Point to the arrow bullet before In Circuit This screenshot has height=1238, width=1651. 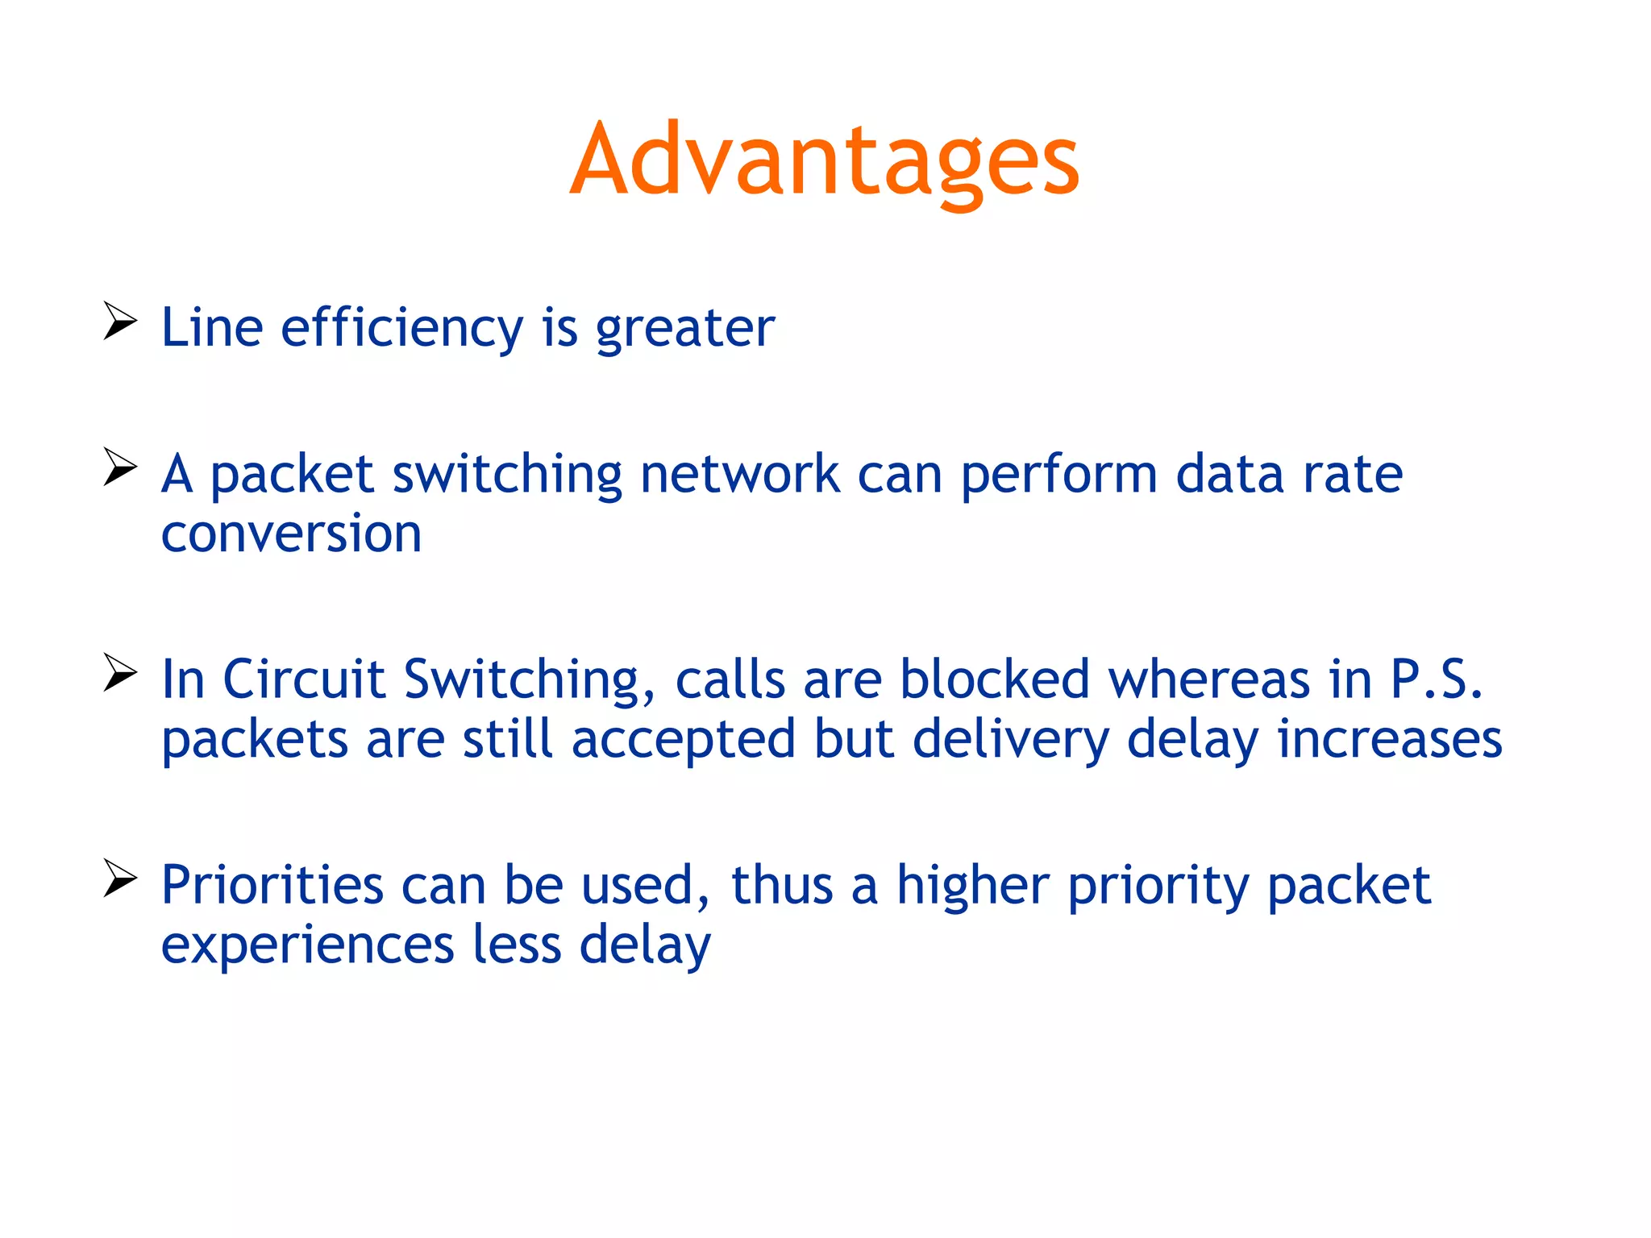[120, 673]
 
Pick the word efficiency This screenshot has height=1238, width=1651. [401, 328]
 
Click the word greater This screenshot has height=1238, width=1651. [684, 328]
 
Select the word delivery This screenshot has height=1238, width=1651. [1011, 740]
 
